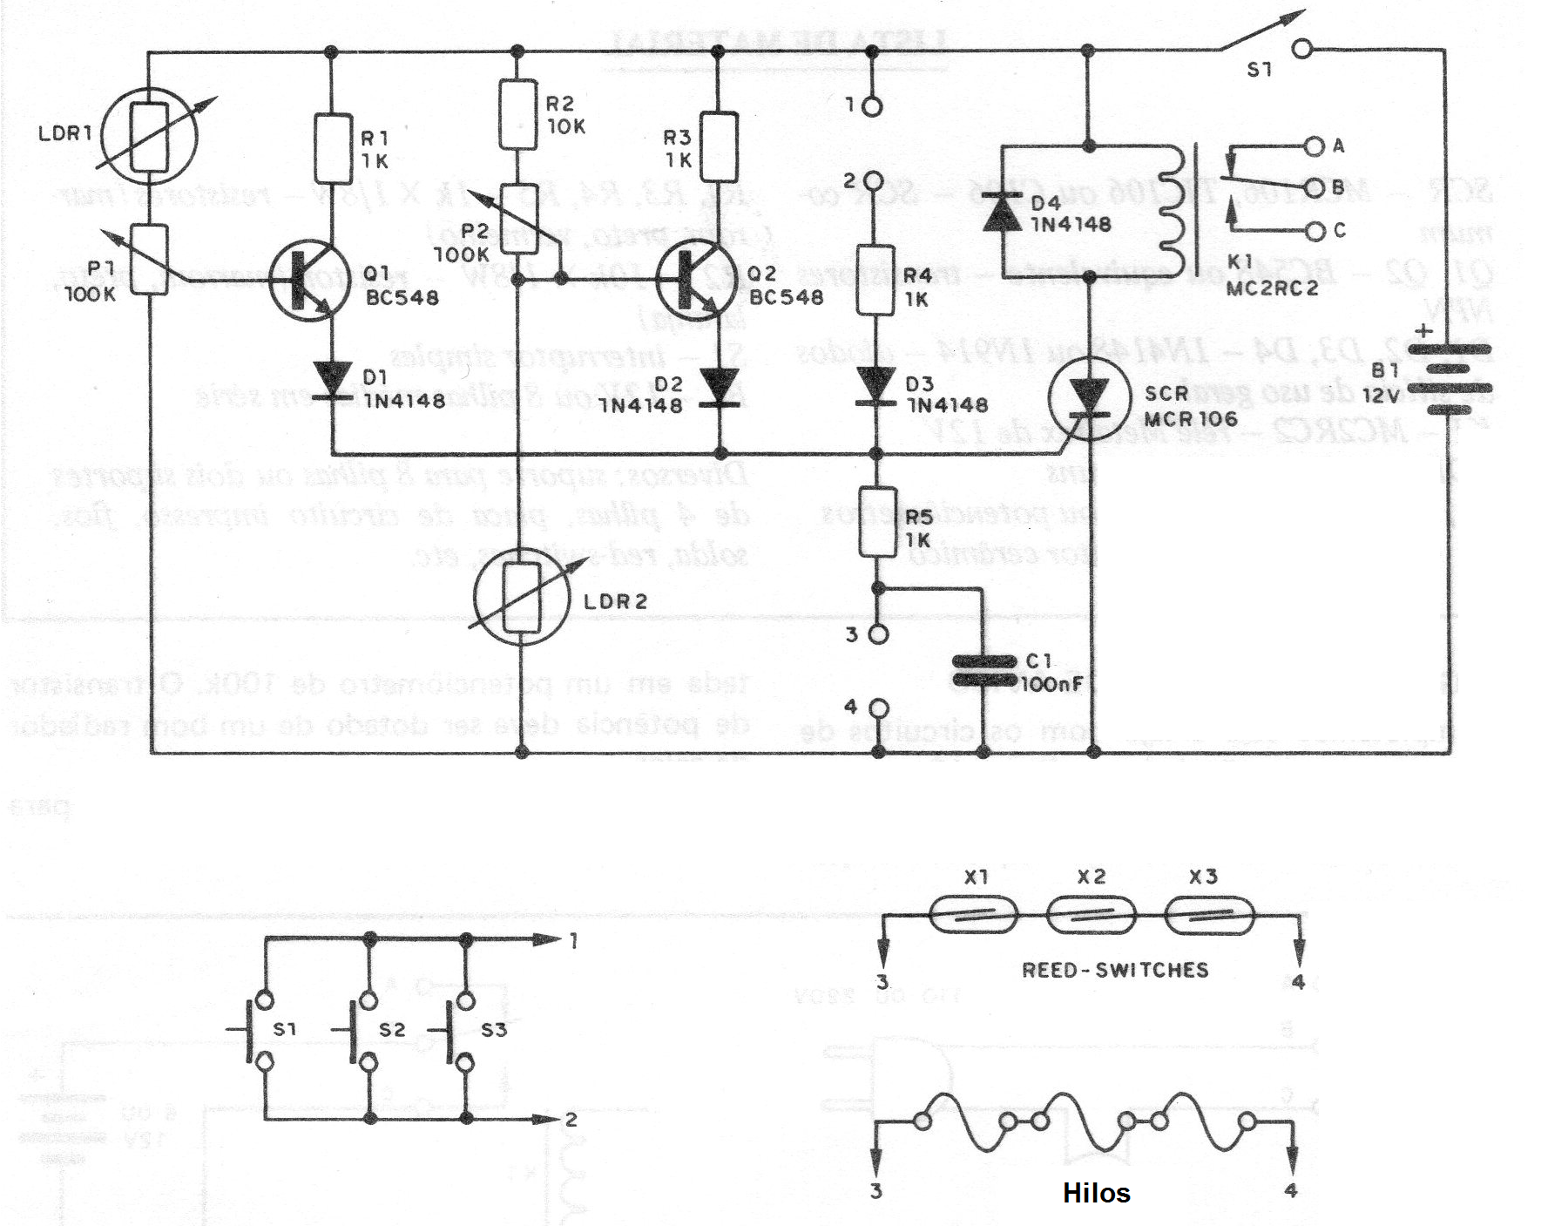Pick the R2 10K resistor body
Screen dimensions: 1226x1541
pyautogui.click(x=518, y=115)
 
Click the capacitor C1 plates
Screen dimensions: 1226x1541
pyautogui.click(x=983, y=671)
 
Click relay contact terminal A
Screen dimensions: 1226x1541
pyautogui.click(x=1314, y=146)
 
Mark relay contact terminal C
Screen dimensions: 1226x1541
pyautogui.click(x=1314, y=231)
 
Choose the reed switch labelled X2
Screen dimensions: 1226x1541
pyautogui.click(x=1091, y=917)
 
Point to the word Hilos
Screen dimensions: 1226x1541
pyautogui.click(x=1096, y=1193)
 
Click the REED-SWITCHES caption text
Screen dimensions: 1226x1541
pyautogui.click(x=1115, y=970)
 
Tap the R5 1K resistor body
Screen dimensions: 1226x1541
pyautogui.click(x=878, y=521)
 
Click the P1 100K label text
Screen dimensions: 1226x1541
pyautogui.click(x=91, y=281)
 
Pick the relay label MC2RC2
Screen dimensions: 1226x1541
pyautogui.click(x=1271, y=288)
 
